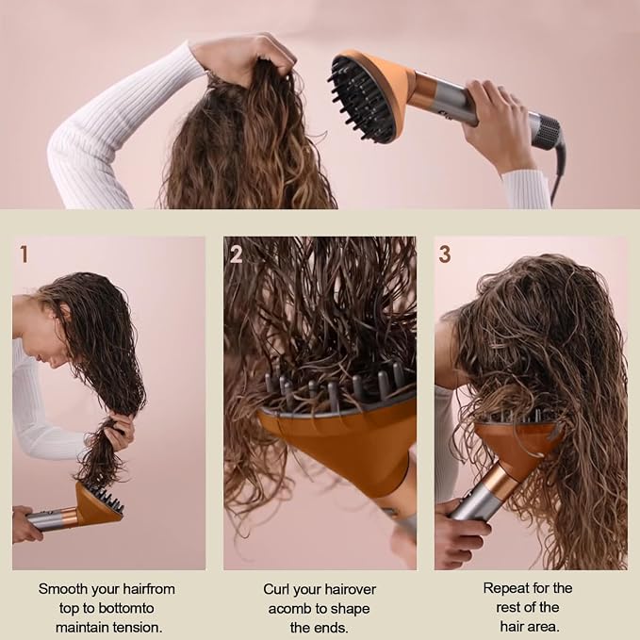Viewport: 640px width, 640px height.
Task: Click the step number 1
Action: (25, 254)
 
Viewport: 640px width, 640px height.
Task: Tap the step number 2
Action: (236, 254)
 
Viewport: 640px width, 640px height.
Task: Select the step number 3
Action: (445, 254)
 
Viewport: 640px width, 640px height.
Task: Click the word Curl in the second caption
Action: (276, 589)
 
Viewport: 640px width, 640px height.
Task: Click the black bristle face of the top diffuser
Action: (361, 100)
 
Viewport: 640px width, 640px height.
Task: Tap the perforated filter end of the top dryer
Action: (546, 131)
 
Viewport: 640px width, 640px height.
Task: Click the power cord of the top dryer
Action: (558, 172)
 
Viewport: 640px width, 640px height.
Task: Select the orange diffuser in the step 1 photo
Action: (98, 505)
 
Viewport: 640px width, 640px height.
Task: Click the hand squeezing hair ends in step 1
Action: (121, 433)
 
